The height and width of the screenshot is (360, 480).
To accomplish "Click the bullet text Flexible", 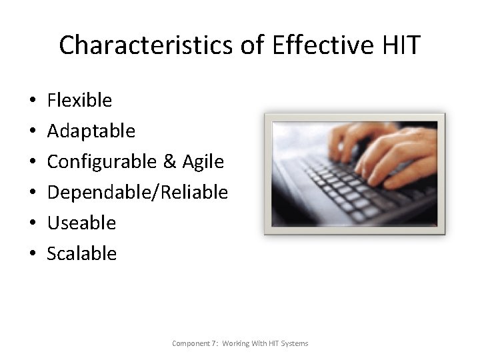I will pos(79,100).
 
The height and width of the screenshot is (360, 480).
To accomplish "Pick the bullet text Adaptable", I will pos(91,131).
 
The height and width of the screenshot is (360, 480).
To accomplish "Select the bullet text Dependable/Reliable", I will pos(137,192).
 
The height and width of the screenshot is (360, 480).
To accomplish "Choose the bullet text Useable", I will pos(81,223).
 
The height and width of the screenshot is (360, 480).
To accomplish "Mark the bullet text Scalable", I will pos(81,253).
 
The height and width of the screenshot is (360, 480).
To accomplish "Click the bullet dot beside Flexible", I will pos(33,101).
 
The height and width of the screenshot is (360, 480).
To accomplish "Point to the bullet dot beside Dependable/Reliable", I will pos(33,193).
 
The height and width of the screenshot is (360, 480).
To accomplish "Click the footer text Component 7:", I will pos(195,343).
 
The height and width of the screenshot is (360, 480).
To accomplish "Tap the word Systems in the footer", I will pos(293,343).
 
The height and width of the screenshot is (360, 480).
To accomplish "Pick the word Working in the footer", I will pos(237,343).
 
